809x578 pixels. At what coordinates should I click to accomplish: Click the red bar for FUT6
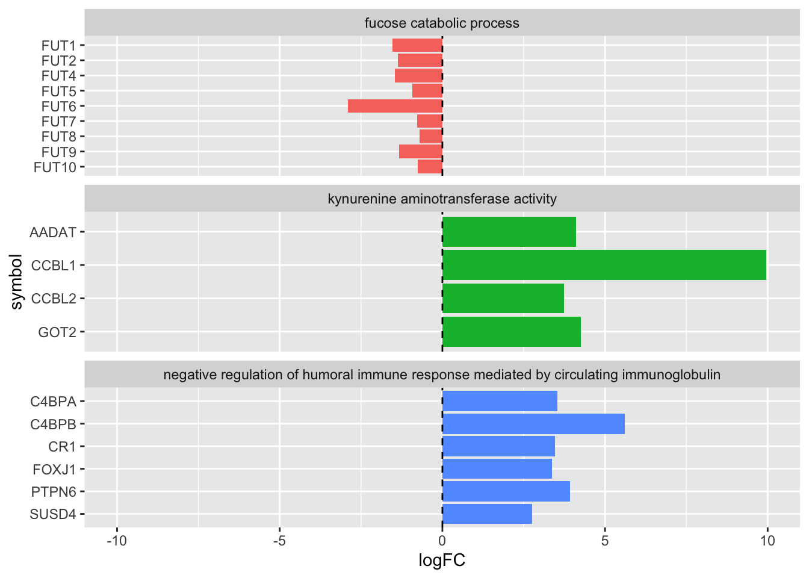(395, 106)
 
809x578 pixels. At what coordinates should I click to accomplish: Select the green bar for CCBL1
(604, 265)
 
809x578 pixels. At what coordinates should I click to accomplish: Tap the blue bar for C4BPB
(533, 424)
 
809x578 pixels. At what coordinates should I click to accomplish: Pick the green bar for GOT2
(511, 332)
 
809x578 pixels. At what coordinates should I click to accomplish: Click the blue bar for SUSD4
(487, 514)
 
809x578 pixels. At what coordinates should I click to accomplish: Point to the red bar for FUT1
(417, 45)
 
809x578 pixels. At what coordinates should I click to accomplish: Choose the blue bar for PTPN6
(506, 491)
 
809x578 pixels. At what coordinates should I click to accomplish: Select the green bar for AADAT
(509, 232)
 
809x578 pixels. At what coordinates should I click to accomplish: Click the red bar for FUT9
(420, 152)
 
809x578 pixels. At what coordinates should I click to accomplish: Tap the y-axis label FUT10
(55, 167)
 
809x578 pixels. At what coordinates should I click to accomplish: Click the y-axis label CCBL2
(54, 299)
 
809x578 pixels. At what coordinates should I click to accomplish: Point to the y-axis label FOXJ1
(55, 469)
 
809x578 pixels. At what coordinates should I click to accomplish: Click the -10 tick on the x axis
(117, 541)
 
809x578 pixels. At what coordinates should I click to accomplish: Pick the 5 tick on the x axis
(605, 541)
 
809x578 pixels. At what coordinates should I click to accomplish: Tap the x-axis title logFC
(442, 561)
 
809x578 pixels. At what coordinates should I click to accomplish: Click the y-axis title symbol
(17, 282)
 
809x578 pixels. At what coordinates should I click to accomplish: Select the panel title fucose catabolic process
(442, 23)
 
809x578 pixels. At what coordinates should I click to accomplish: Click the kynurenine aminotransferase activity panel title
(442, 199)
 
